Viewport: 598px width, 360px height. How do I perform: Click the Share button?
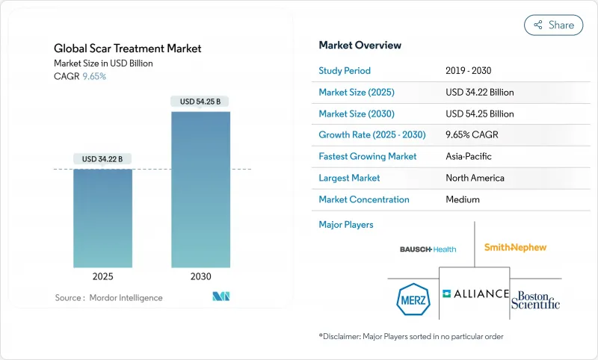pyautogui.click(x=553, y=25)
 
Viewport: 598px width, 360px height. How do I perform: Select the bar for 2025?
pyautogui.click(x=102, y=217)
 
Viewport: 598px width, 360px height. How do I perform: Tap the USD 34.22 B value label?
pyautogui.click(x=102, y=158)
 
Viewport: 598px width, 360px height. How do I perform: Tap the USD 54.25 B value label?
pyautogui.click(x=200, y=102)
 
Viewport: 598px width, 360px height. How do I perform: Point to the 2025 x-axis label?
pyautogui.click(x=102, y=276)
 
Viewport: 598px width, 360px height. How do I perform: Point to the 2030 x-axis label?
pyautogui.click(x=200, y=276)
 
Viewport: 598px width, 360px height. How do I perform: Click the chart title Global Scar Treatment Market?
pyautogui.click(x=127, y=49)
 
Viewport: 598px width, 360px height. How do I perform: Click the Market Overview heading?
pyautogui.click(x=360, y=45)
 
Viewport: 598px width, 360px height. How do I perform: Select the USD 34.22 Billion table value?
pyautogui.click(x=479, y=93)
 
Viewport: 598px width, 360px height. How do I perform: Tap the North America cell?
pyautogui.click(x=475, y=178)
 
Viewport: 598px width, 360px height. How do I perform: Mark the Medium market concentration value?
pyautogui.click(x=463, y=199)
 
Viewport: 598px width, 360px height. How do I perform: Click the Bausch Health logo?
pyautogui.click(x=428, y=249)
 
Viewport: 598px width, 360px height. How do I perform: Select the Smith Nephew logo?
pyautogui.click(x=515, y=247)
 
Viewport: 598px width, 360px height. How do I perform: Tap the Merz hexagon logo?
pyautogui.click(x=410, y=300)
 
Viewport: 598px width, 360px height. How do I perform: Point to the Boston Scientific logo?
pyautogui.click(x=535, y=299)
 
